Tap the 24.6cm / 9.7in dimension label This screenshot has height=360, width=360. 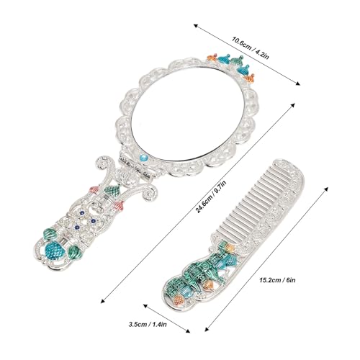point(211,197)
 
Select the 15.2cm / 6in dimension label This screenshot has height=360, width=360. point(277,280)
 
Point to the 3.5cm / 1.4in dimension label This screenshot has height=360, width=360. point(148,325)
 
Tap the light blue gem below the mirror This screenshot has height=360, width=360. point(143,158)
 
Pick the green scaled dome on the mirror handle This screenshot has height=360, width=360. point(112,190)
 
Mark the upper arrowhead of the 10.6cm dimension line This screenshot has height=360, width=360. point(196,26)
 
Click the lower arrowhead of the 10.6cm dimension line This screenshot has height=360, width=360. point(297,84)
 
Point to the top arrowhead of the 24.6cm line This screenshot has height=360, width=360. point(292,105)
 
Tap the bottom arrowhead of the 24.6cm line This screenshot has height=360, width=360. point(104,300)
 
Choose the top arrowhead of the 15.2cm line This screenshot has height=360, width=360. point(326,189)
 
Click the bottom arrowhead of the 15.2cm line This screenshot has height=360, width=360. point(207,329)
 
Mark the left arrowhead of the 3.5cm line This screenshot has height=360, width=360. point(145,306)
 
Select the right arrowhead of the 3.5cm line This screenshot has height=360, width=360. point(188,331)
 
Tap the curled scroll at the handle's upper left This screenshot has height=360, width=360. point(103,164)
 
